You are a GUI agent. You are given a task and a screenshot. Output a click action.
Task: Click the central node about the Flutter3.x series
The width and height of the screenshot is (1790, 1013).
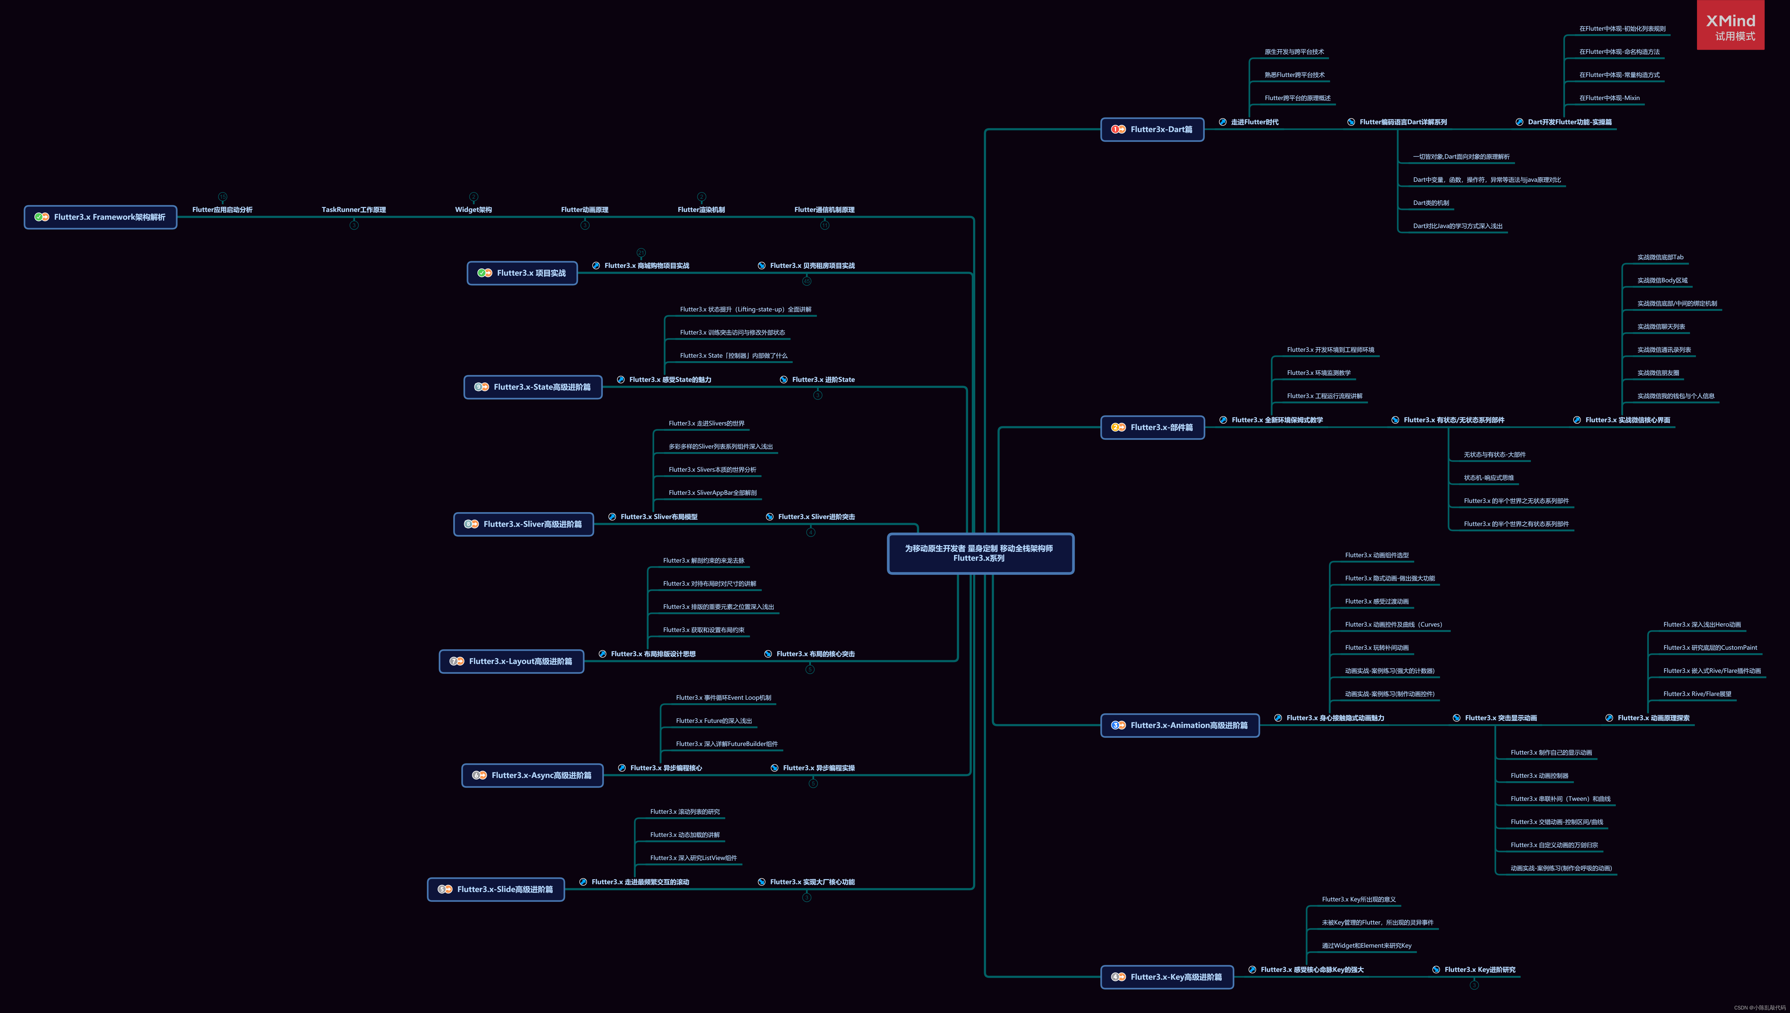(x=980, y=553)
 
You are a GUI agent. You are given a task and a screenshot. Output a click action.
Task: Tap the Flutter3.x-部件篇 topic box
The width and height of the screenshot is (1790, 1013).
(x=1152, y=427)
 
